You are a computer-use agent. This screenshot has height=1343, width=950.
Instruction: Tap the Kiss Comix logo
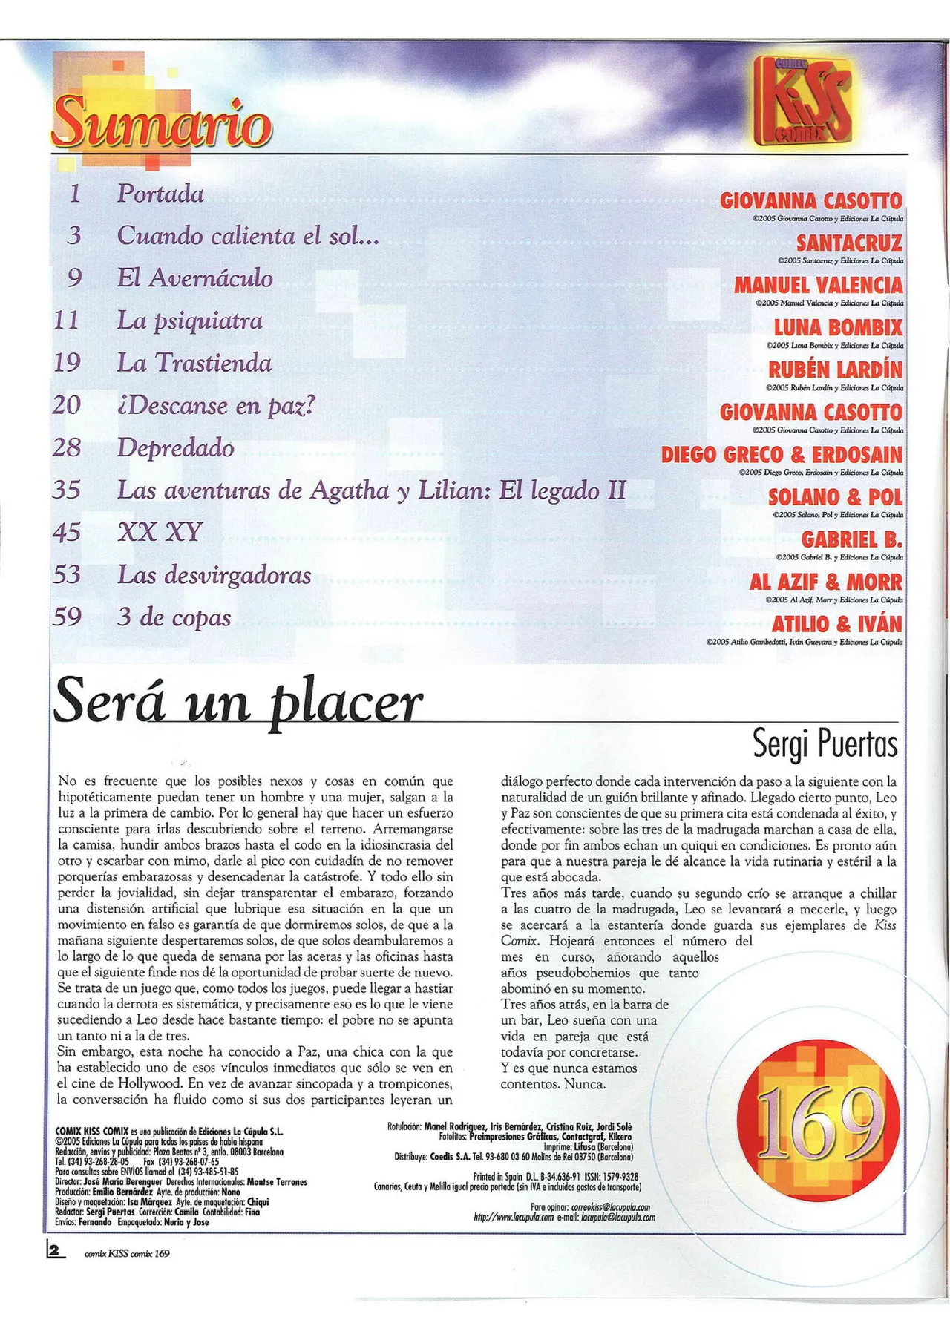tap(804, 100)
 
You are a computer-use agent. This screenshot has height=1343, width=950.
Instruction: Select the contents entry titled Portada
tap(160, 194)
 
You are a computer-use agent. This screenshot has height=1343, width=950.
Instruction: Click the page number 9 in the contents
tap(74, 278)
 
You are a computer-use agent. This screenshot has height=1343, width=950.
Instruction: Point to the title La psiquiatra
tap(190, 321)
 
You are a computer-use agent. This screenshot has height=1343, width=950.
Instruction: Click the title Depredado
tap(176, 447)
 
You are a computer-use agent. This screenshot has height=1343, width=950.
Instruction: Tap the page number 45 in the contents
tap(67, 532)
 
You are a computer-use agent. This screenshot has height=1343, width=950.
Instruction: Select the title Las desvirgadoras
tap(214, 575)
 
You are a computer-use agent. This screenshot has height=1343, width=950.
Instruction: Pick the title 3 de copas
tap(174, 617)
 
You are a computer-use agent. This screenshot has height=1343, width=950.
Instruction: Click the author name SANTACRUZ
tap(849, 243)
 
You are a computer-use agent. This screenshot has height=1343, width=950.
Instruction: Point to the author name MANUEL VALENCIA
tap(818, 285)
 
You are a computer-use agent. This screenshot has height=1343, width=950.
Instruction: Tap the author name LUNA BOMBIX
tap(838, 327)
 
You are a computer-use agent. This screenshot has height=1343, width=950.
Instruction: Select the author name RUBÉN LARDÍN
tap(835, 370)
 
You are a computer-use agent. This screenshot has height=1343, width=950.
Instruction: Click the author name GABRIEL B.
tap(851, 539)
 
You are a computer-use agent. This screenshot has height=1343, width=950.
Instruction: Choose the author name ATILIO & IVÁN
tap(836, 624)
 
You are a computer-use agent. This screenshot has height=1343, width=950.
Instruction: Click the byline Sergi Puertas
tap(825, 743)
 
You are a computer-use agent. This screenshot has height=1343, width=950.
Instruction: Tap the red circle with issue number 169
tap(819, 1120)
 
